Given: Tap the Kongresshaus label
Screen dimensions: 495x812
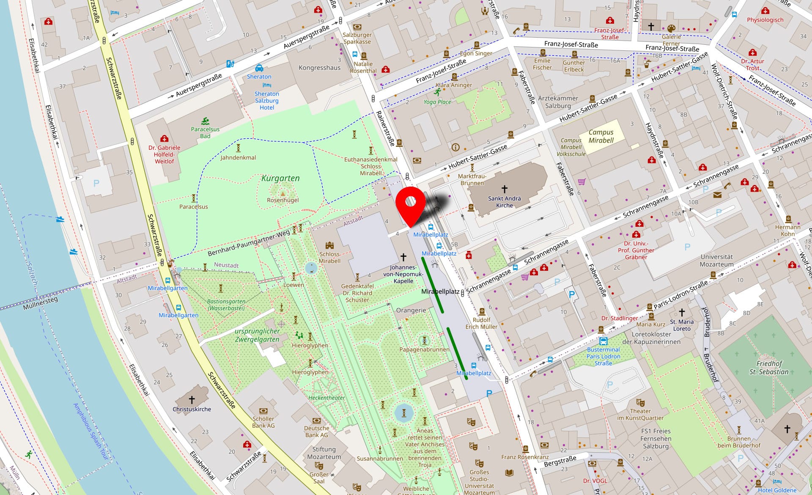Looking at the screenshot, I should click(319, 68).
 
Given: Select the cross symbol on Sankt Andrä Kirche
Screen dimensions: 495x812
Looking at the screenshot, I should click(504, 189).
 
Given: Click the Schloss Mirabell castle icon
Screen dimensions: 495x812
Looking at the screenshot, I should click(329, 245).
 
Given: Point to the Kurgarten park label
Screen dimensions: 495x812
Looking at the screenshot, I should click(280, 178).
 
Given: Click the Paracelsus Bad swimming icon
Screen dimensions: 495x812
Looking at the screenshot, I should click(206, 121).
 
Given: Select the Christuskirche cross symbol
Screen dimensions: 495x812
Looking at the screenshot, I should click(192, 399).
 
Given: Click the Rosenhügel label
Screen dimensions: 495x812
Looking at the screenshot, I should click(283, 200).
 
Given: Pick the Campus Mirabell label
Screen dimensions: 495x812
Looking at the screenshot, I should click(601, 136).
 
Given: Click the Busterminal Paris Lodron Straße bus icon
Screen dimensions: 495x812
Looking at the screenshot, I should click(603, 341).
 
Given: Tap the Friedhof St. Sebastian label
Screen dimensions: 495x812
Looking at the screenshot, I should click(768, 367).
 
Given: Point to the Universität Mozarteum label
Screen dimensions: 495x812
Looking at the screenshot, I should click(716, 260).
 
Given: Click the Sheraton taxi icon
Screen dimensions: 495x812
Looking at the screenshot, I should click(259, 68).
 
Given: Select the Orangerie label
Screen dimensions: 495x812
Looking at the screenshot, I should click(411, 310).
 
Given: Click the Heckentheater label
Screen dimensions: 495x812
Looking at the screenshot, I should click(326, 398).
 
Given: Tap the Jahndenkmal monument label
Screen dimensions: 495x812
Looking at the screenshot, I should click(238, 157).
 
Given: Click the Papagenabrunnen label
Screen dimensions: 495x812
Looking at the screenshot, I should click(424, 349).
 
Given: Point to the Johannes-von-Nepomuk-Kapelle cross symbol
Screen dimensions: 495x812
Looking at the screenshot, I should click(403, 257).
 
